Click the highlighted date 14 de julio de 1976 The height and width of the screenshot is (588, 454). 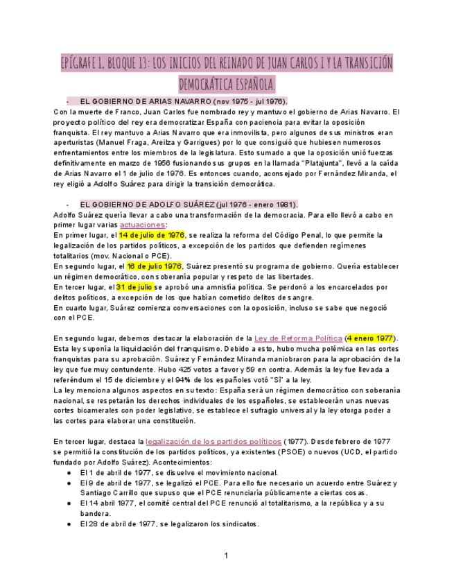point(152,235)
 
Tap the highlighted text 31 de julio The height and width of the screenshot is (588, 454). point(134,286)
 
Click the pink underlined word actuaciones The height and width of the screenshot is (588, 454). point(142,225)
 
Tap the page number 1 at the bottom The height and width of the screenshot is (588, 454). point(226,555)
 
